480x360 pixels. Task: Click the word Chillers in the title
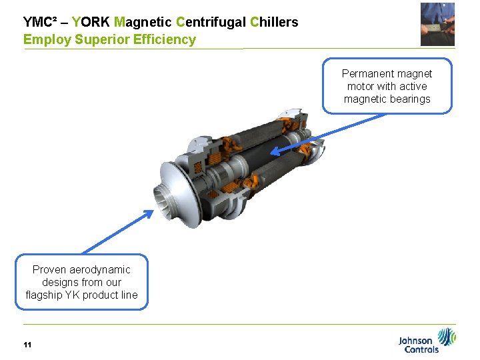click(274, 22)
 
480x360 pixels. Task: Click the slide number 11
click(27, 345)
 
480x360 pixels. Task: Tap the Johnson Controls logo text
click(419, 345)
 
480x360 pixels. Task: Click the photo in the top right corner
click(437, 24)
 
